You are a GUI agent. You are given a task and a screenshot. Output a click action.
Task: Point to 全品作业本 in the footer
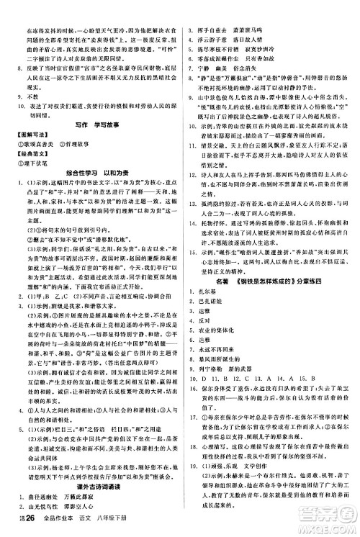click(x=55, y=530)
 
